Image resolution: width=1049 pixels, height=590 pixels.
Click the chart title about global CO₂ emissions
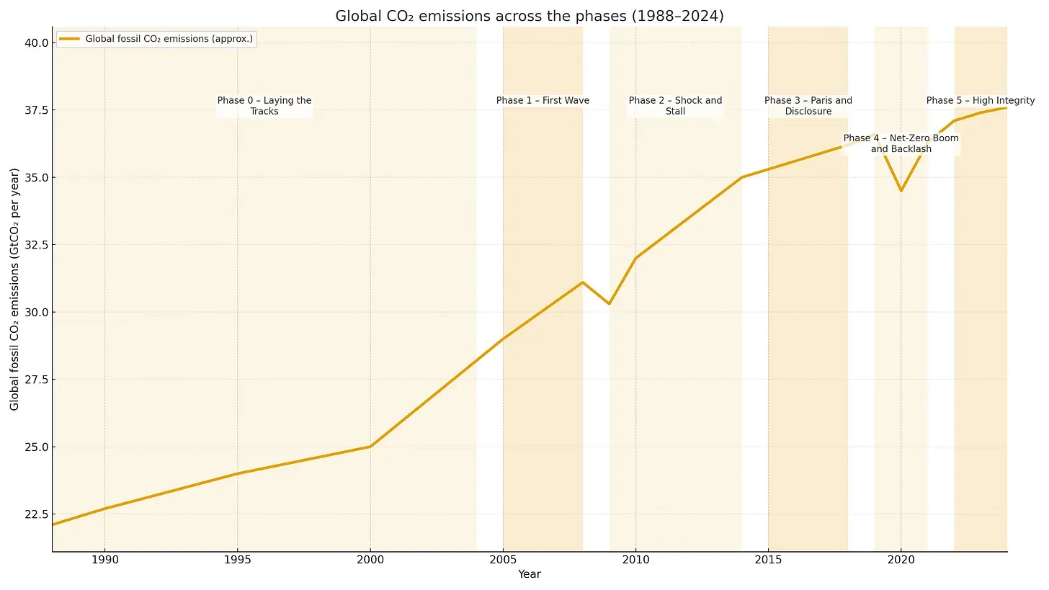(530, 16)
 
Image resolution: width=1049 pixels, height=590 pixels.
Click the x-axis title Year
(530, 575)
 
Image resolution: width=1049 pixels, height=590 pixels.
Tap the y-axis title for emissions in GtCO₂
(15, 289)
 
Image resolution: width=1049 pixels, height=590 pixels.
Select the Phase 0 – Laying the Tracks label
(264, 106)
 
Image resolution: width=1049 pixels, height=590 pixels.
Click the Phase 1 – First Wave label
(543, 101)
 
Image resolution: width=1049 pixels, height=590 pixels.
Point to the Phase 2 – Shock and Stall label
(675, 106)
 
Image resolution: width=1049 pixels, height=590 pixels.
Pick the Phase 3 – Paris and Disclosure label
(808, 106)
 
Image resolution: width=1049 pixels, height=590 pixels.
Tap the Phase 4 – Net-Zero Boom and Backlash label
(901, 143)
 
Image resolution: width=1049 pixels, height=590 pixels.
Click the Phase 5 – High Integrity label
(980, 101)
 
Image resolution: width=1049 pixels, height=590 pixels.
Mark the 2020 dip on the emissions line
(901, 190)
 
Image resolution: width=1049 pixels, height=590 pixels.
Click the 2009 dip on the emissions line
(609, 304)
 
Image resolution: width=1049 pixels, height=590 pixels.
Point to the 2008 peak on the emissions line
(582, 282)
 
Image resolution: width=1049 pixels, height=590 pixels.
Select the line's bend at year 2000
(370, 447)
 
